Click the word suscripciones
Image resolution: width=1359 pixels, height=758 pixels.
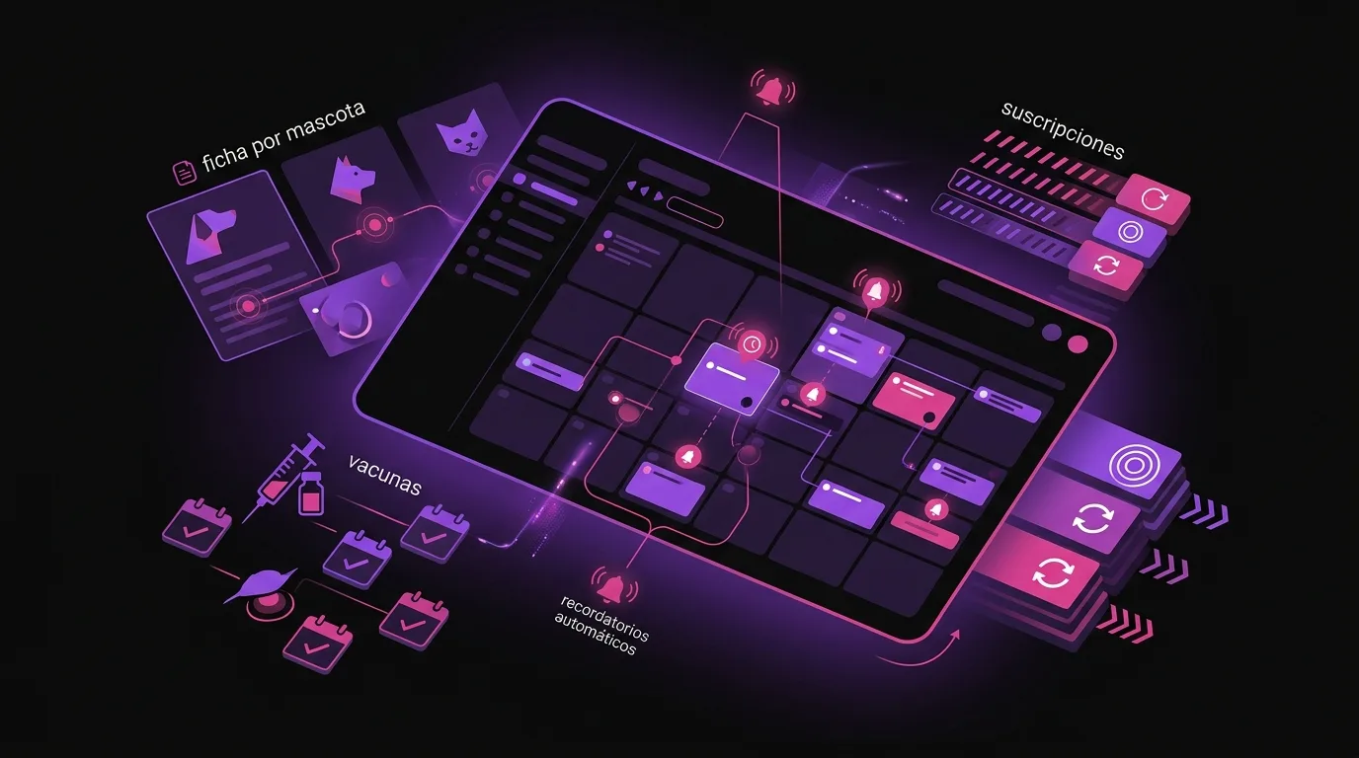[x=1063, y=129]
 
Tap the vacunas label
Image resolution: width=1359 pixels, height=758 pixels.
[x=384, y=475]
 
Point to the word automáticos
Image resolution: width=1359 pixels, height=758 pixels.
[x=596, y=634]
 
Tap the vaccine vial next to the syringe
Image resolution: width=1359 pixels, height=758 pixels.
[x=312, y=493]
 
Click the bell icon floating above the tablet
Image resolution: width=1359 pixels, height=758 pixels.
[x=772, y=92]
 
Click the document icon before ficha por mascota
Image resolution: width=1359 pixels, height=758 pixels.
[x=185, y=172]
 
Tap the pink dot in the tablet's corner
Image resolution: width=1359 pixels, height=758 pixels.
[x=1078, y=344]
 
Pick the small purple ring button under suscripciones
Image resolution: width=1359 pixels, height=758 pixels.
[x=1130, y=232]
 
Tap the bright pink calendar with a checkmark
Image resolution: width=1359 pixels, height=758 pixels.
[x=318, y=643]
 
